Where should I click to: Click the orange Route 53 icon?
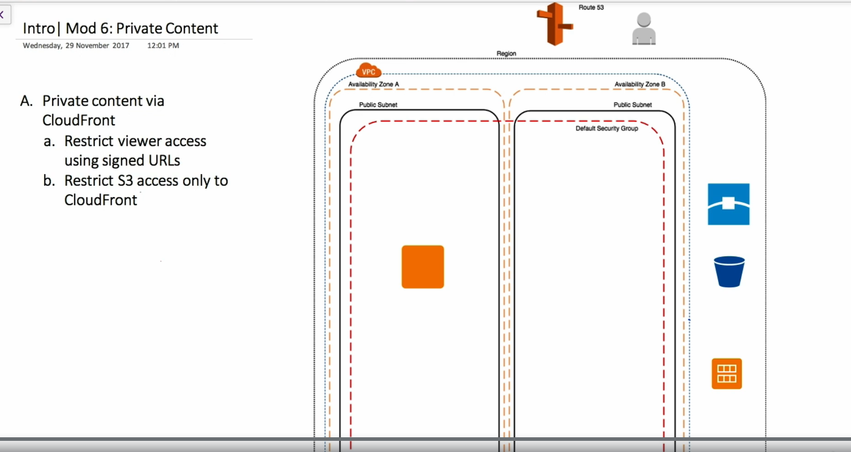554,24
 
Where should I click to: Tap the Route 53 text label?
591,7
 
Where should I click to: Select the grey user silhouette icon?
644,28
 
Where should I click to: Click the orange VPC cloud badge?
369,71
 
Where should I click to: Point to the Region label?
506,53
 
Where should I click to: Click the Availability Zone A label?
373,84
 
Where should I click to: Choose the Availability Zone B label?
640,84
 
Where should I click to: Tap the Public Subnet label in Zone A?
378,105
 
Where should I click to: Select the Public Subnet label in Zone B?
633,105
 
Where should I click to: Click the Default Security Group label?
607,128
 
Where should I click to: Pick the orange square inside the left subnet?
423,267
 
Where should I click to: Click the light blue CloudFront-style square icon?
729,204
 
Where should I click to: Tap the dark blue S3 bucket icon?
729,272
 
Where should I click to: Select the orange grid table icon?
727,374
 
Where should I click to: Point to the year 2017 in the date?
121,46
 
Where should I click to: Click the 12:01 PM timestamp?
163,46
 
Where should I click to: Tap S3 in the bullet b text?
125,181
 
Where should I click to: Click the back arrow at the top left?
2,15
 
